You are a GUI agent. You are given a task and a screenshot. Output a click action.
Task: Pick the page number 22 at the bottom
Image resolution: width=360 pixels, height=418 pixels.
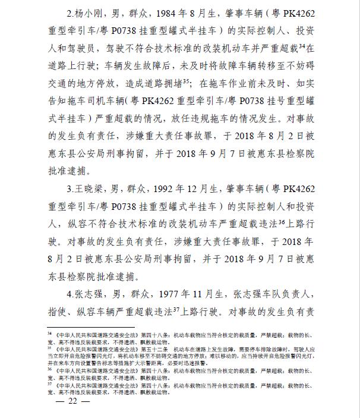(73, 400)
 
